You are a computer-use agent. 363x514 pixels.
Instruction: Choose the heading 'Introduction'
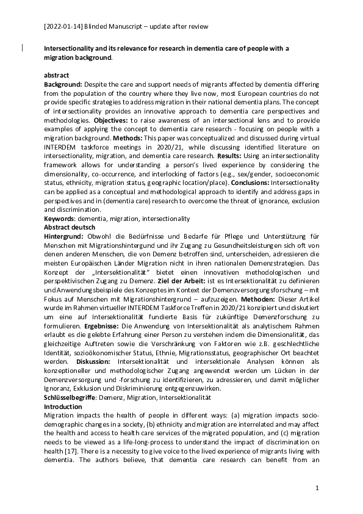[x=63, y=406]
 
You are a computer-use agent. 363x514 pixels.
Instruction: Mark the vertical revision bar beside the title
[x=23, y=46]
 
